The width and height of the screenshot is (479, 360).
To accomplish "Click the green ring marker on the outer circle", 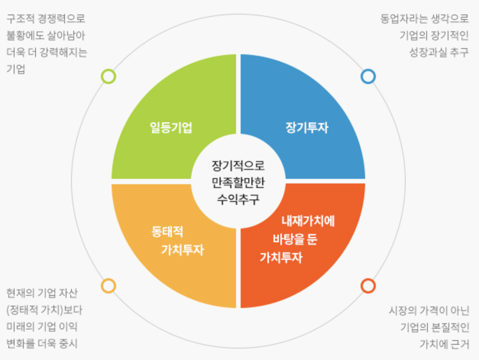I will tap(108, 76).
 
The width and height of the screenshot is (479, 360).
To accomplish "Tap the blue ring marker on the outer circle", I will tap(368, 76).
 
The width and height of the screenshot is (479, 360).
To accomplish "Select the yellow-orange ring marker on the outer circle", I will tap(108, 285).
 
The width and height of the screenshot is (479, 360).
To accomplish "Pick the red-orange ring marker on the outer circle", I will tap(368, 285).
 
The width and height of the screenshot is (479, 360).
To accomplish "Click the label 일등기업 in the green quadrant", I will tap(171, 128).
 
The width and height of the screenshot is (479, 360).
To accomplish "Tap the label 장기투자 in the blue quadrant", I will tap(307, 128).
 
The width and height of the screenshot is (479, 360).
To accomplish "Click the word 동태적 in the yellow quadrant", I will tap(167, 232).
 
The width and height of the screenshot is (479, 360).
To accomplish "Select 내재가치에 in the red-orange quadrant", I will tap(308, 221).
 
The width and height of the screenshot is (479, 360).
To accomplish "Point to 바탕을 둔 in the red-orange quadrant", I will tap(295, 240).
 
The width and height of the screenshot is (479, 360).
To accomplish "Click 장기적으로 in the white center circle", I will tap(238, 165).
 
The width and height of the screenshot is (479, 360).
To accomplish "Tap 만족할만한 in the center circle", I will tap(238, 182).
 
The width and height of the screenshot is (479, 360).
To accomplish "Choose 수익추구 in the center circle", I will tap(238, 199).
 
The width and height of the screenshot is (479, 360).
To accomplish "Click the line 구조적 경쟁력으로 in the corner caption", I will tap(46, 19).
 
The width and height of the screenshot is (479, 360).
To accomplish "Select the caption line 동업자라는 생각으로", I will tap(424, 19).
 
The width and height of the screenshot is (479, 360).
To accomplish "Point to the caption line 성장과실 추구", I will tap(439, 52).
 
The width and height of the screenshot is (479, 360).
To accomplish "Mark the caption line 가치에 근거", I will tap(444, 344).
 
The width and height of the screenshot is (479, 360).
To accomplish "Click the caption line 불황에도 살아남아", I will tap(46, 36).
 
